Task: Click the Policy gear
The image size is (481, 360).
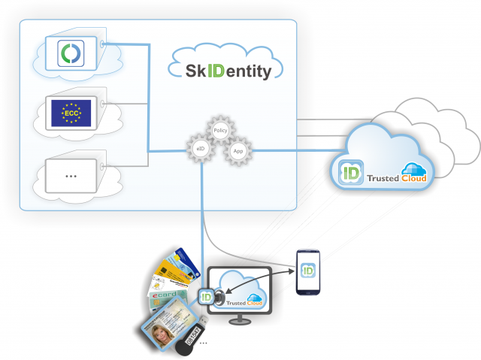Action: click(x=220, y=131)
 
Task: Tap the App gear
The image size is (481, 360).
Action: click(x=238, y=150)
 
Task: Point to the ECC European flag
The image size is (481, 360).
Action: click(x=71, y=113)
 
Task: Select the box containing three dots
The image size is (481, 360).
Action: click(x=71, y=175)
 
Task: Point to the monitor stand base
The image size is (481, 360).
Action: click(x=240, y=321)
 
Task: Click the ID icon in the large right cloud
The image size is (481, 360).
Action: click(x=348, y=173)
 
